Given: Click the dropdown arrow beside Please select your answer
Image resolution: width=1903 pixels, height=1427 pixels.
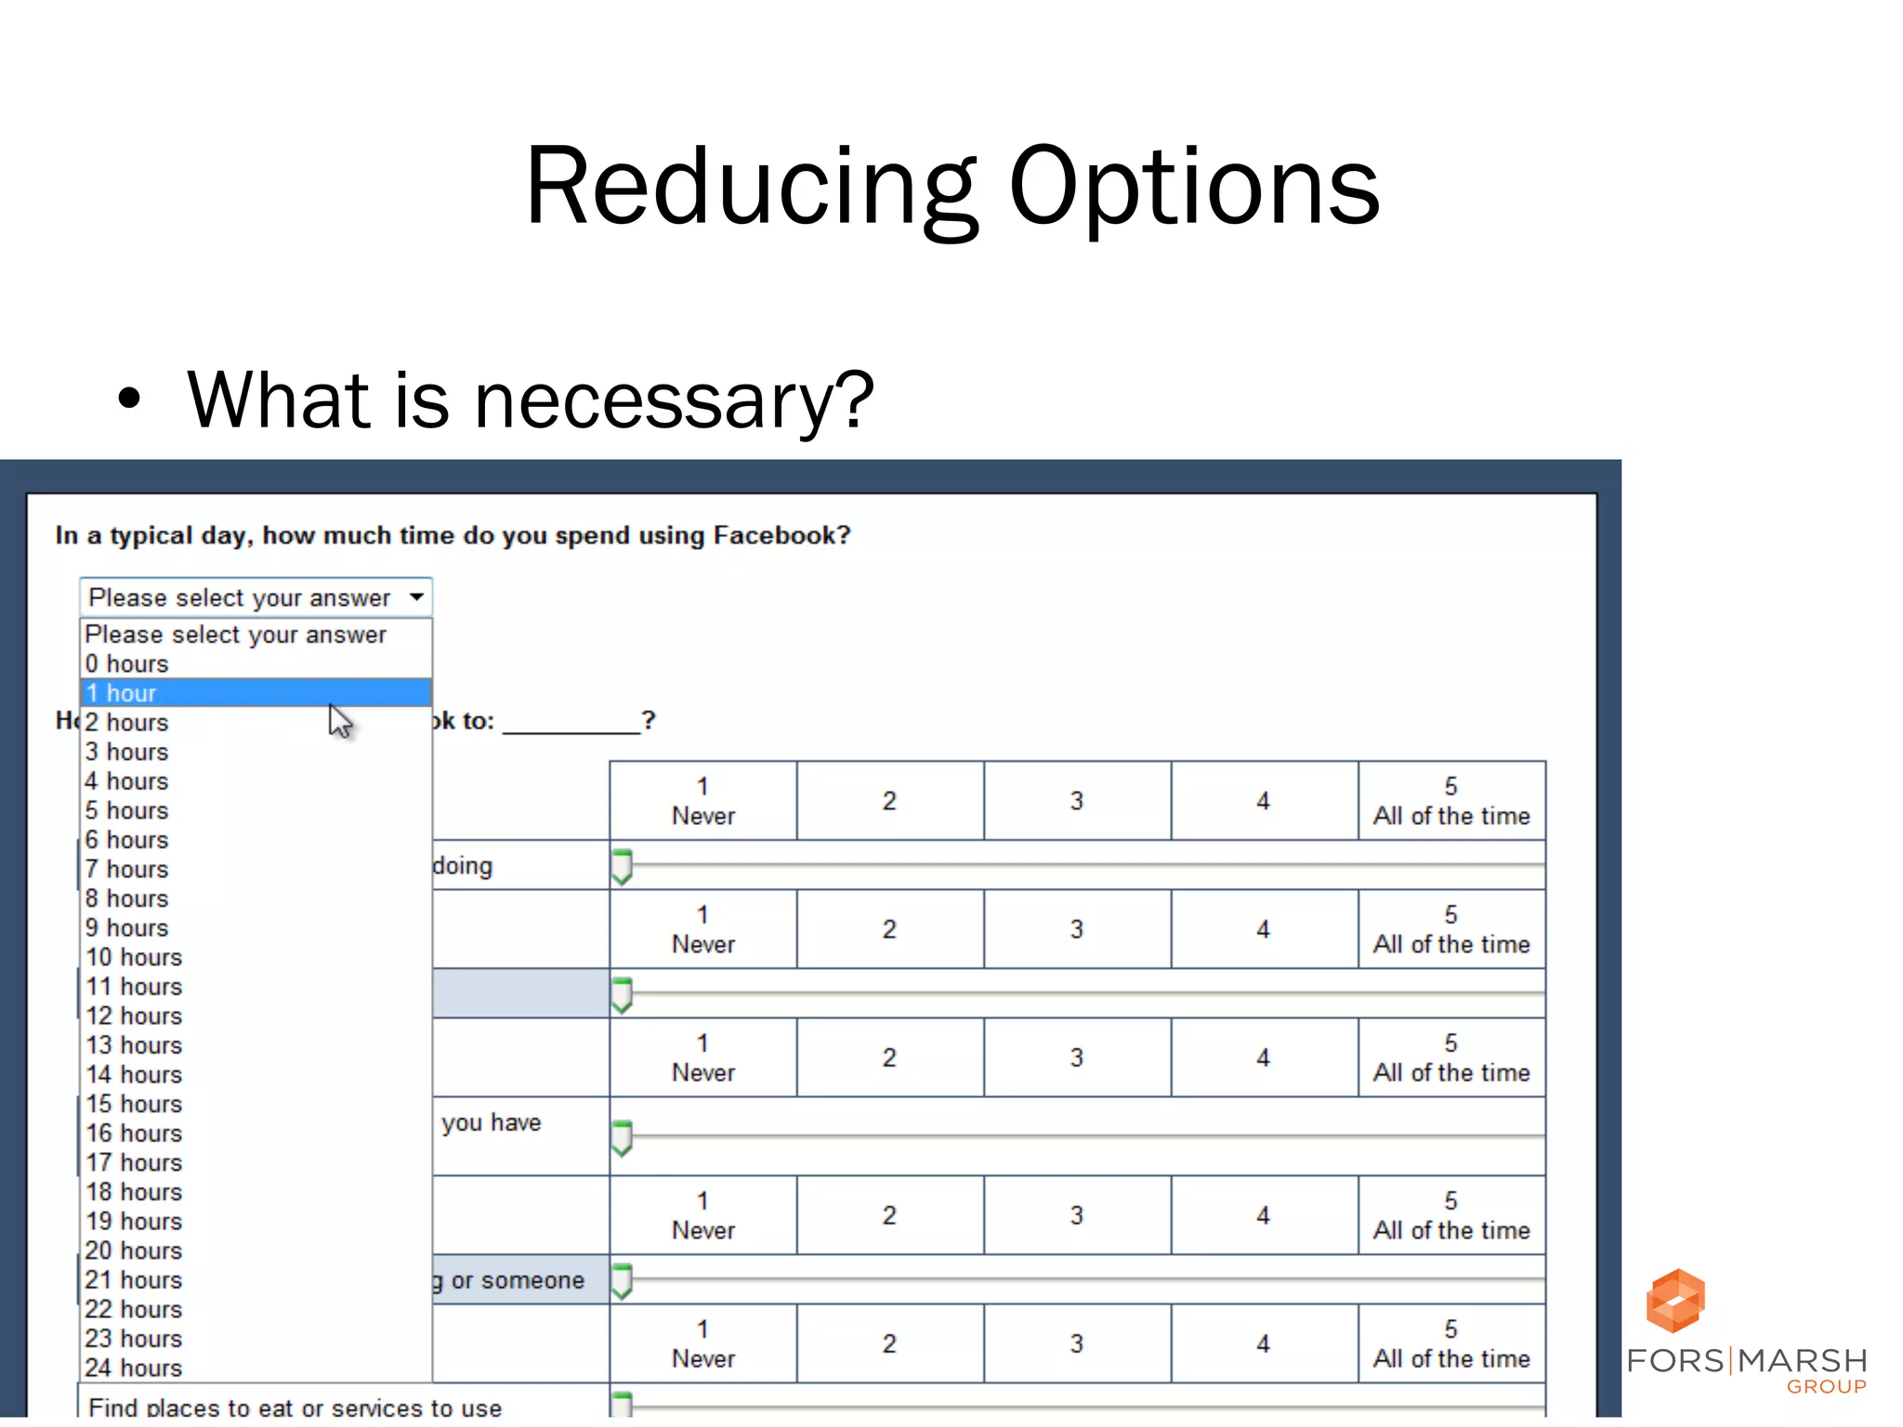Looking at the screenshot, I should tap(417, 597).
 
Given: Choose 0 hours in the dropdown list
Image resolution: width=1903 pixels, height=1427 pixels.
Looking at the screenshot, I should tap(127, 664).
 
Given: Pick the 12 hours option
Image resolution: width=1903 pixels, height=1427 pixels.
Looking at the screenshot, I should tap(134, 1016).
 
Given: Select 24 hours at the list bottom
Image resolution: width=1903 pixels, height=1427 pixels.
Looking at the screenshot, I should tap(134, 1368).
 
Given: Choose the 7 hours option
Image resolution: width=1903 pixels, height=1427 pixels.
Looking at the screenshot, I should tap(127, 870).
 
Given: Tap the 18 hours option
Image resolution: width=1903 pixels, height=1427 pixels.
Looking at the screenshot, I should tap(134, 1192).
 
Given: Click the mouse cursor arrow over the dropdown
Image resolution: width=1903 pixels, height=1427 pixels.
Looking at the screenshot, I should tap(339, 720).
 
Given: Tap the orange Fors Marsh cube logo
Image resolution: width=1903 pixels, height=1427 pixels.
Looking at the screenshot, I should tap(1674, 1301).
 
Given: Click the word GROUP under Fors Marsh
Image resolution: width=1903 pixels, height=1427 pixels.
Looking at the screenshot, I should tap(1826, 1387).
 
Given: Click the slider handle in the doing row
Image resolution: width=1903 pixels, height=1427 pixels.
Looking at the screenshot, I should tap(622, 866).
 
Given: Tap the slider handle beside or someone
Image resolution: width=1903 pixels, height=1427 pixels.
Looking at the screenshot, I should tap(622, 1280).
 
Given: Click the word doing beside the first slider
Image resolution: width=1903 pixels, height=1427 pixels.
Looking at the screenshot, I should tap(463, 867).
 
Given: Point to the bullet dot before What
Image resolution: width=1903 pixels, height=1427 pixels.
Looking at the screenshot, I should tap(129, 399).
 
